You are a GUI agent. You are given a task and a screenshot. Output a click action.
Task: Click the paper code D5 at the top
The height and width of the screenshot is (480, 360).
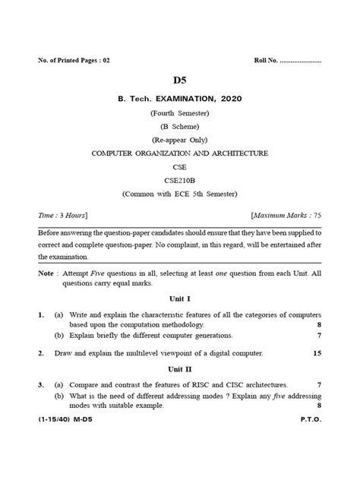pos(179,80)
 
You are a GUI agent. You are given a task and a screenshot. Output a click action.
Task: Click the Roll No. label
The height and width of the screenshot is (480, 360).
pos(269,60)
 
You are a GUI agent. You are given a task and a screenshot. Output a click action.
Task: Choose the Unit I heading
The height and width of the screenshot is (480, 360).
pos(179,299)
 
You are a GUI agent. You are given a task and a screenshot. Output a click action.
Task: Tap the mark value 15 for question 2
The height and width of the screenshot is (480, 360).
pos(317,353)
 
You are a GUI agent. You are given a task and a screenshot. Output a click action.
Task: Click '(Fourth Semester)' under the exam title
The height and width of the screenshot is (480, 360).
pos(179,112)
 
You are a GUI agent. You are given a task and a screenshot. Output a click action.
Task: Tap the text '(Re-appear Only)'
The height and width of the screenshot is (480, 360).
pos(179,140)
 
